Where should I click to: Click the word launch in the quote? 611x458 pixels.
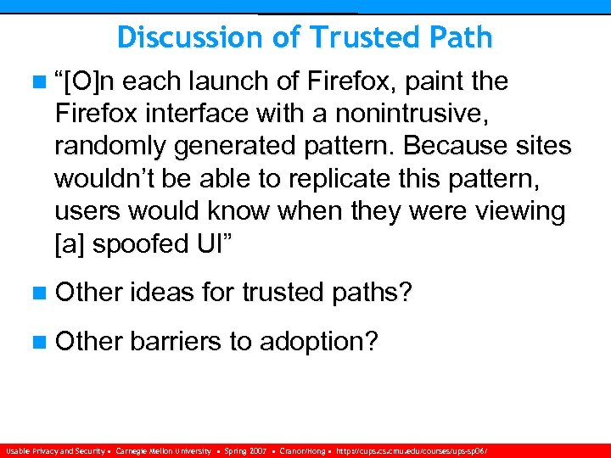click(232, 82)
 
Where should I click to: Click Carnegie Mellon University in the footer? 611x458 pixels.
click(163, 450)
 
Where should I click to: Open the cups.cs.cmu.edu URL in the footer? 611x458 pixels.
click(415, 450)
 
